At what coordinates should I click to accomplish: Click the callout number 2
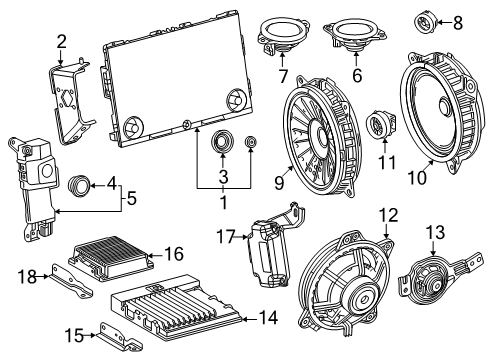click(61, 41)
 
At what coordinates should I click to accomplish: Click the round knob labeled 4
click(79, 185)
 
